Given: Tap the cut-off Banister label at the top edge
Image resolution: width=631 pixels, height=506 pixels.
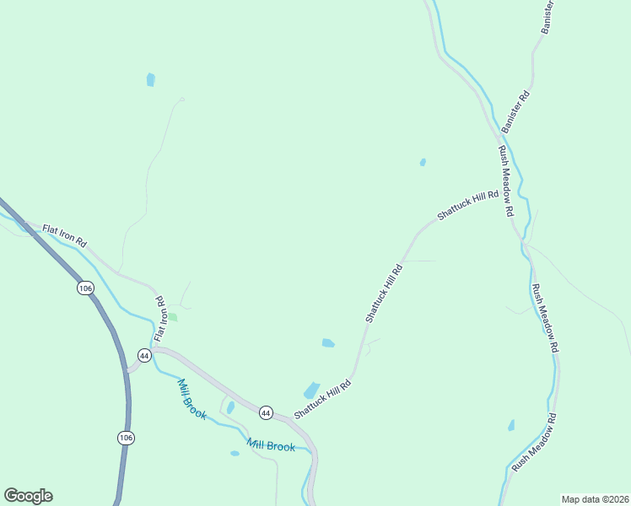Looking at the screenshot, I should tap(547, 15).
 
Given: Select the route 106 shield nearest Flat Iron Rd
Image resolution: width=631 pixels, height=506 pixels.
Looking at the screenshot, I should tap(84, 288).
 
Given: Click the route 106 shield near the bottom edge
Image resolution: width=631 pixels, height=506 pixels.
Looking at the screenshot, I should tap(126, 438).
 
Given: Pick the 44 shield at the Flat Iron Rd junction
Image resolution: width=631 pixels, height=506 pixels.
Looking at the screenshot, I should tap(144, 356).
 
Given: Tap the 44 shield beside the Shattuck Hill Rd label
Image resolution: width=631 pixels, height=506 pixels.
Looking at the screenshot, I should tap(267, 412).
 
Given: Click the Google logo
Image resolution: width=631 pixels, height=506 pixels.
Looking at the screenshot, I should tap(28, 496).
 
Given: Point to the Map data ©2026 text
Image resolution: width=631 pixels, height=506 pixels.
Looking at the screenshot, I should tap(596, 499).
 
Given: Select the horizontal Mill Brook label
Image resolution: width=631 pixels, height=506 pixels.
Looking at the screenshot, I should tap(271, 445).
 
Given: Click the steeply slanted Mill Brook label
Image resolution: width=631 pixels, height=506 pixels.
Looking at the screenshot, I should tap(191, 400).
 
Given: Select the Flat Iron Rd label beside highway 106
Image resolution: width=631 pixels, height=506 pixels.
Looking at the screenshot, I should tap(65, 235).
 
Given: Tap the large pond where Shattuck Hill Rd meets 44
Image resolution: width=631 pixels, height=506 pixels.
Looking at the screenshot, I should tap(311, 390).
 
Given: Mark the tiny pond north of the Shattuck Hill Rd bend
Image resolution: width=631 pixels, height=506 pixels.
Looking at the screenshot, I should tap(423, 162).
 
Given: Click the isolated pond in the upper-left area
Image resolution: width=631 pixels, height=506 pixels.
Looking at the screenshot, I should tap(151, 80).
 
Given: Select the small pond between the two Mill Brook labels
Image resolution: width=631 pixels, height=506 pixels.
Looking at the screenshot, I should tap(230, 407).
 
